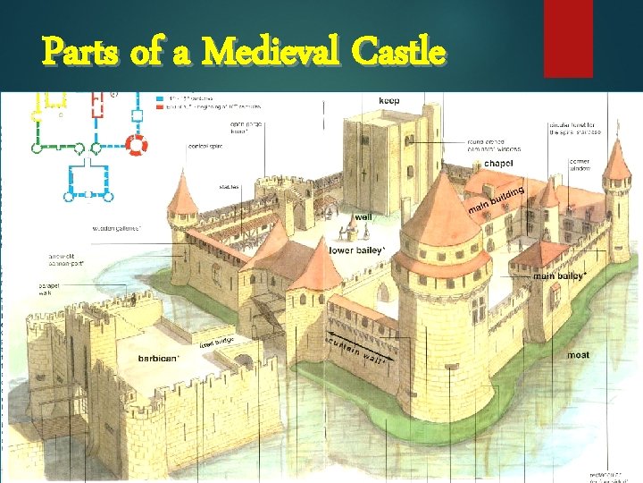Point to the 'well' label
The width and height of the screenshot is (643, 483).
click(363, 216)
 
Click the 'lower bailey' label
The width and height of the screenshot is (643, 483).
click(357, 250)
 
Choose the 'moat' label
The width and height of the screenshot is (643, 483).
click(578, 355)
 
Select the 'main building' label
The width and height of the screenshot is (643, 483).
click(496, 201)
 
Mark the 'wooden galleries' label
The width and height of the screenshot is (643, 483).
click(116, 228)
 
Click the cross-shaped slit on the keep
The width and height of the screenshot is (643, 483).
click(364, 174)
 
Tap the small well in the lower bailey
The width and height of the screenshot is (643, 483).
click(351, 231)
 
